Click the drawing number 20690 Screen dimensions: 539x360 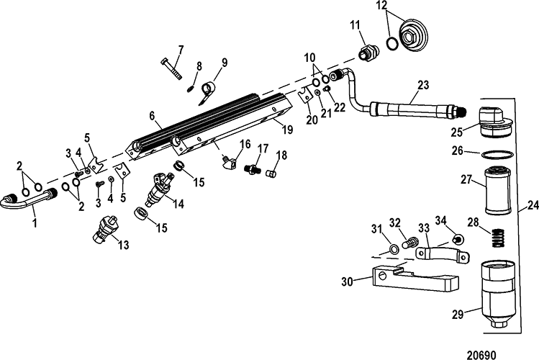click(481, 354)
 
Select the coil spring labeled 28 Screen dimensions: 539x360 click(497, 238)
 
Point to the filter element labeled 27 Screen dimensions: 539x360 click(497, 189)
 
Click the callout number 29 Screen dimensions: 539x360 click(458, 315)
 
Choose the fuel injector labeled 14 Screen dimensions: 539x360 click(161, 191)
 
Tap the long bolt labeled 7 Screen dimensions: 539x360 click(171, 69)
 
